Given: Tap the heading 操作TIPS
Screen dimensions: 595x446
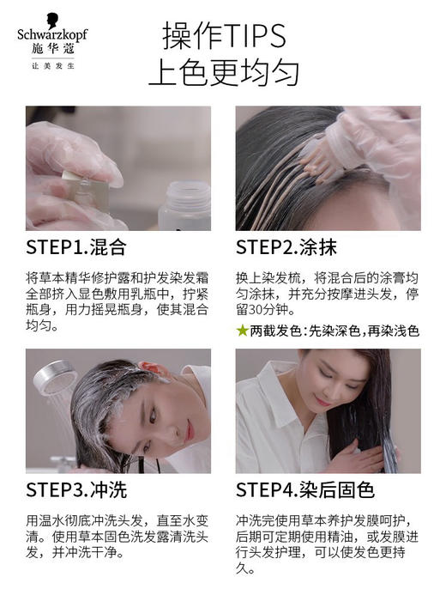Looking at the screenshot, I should (223, 35).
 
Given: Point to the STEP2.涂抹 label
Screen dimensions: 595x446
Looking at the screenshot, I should (286, 248).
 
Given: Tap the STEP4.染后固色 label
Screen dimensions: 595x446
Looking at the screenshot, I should (305, 490).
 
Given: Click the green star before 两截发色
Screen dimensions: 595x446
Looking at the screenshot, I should (242, 330).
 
